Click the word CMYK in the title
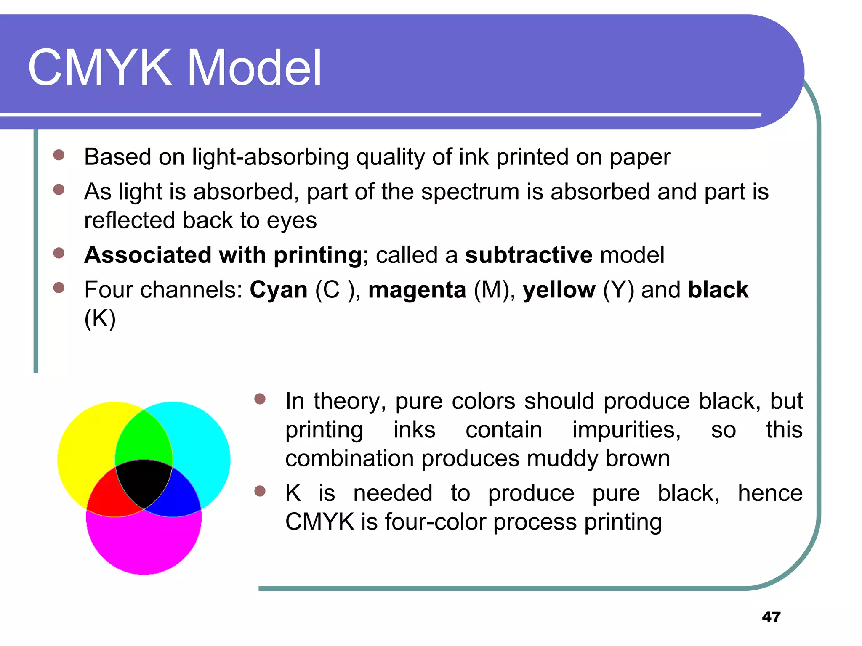point(99,67)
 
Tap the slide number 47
point(771,617)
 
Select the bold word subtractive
point(529,255)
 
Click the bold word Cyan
point(279,290)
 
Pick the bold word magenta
point(417,290)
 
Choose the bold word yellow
point(559,290)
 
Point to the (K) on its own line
point(100,319)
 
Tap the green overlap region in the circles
point(144,437)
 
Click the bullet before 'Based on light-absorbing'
point(59,156)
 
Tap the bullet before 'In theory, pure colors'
point(260,399)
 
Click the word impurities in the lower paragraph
point(626,430)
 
